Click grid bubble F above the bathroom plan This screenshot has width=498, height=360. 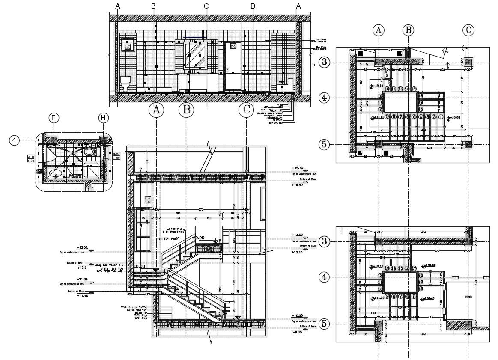point(53,118)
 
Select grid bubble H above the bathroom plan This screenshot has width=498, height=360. point(103,118)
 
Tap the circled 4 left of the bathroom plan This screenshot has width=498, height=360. point(15,140)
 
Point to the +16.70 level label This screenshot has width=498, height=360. point(297,168)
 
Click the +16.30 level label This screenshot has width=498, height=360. point(297,185)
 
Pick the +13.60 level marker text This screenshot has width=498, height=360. point(297,235)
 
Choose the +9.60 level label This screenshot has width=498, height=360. point(297,332)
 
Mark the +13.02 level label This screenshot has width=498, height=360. point(82,247)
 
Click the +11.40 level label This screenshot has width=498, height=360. point(82,295)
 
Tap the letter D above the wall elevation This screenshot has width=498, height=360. point(253,6)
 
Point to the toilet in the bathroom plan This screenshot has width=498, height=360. point(89,152)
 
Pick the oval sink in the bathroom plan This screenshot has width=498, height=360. point(56,173)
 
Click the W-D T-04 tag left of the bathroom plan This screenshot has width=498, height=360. point(31,158)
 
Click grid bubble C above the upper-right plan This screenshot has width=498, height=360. point(468,30)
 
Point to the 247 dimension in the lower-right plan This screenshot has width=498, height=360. point(437,250)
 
